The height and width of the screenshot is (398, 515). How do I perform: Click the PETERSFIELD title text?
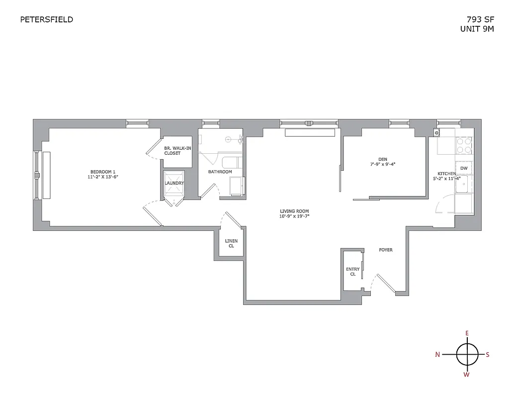click(46, 20)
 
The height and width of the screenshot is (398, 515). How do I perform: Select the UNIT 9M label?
click(477, 29)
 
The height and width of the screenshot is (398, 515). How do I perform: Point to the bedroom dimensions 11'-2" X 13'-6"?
click(103, 177)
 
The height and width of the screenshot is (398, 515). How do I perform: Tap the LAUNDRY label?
click(174, 183)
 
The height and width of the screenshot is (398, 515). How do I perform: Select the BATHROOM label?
click(220, 172)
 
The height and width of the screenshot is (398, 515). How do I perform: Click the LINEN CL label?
click(232, 243)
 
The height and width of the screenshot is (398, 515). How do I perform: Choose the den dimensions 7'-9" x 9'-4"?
click(382, 164)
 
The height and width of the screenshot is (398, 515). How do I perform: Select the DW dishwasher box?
click(463, 169)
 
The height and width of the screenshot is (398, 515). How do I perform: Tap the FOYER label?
click(385, 250)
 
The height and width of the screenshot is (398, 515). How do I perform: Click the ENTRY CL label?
click(352, 272)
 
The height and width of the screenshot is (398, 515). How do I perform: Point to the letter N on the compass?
click(437, 355)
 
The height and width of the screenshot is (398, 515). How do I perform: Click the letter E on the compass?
click(467, 333)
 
